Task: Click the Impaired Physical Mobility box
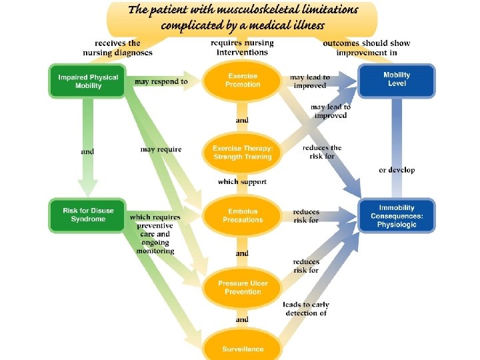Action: point(87,81)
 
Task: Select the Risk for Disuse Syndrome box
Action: point(87,215)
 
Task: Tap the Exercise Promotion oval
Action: point(243,81)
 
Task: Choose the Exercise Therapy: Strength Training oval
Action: point(243,153)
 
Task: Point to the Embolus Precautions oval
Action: point(243,215)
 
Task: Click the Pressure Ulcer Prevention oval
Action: point(243,287)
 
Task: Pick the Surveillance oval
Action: point(243,349)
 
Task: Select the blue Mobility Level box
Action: point(397,79)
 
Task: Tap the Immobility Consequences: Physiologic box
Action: point(397,215)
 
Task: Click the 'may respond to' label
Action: point(161,82)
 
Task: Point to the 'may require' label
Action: point(161,149)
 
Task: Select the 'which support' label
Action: point(242,181)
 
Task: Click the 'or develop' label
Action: point(397,170)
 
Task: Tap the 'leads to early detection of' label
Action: point(306,309)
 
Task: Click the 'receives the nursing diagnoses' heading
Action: point(117,48)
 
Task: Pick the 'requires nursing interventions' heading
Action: point(242,48)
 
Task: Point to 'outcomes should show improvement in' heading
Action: point(366,48)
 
